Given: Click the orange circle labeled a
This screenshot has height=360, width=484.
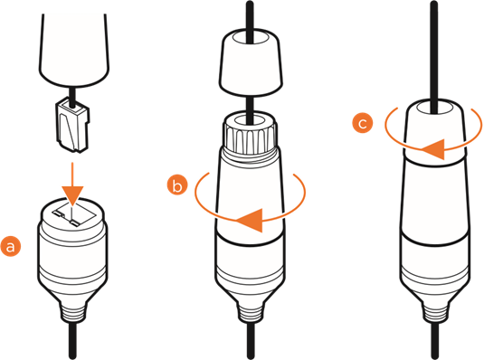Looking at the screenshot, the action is point(11,247).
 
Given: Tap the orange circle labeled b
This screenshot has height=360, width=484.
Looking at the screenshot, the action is point(177,185).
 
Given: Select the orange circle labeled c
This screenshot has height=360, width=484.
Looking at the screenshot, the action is point(363,123).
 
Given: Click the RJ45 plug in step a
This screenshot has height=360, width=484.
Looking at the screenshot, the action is point(73,125).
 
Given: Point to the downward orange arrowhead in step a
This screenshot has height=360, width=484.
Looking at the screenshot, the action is point(72,195).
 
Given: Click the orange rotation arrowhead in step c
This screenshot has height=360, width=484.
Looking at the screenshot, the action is point(433,149).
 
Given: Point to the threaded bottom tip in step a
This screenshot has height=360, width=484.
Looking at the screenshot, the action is point(72,312).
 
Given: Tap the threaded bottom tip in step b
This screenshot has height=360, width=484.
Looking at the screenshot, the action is point(251,312).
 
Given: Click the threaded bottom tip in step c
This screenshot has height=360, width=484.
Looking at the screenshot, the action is point(434,312).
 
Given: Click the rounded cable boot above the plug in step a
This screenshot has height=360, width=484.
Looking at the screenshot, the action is point(74,50).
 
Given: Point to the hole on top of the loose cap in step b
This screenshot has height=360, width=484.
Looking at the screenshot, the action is point(251,37).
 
